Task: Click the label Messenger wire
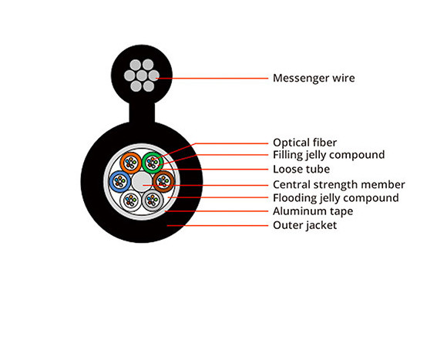coord(314,78)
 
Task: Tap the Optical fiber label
coord(305,143)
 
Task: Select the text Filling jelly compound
coord(329,155)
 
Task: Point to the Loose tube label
coord(301,169)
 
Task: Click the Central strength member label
coord(339,184)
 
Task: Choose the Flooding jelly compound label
coord(336,197)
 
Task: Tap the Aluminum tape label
coord(313,211)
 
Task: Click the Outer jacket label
coord(305,225)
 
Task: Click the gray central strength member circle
coord(142,182)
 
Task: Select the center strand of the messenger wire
coord(142,76)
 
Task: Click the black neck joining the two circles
coord(142,113)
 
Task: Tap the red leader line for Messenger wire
coord(212,79)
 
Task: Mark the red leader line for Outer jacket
coord(217,225)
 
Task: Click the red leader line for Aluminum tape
coord(217,211)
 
